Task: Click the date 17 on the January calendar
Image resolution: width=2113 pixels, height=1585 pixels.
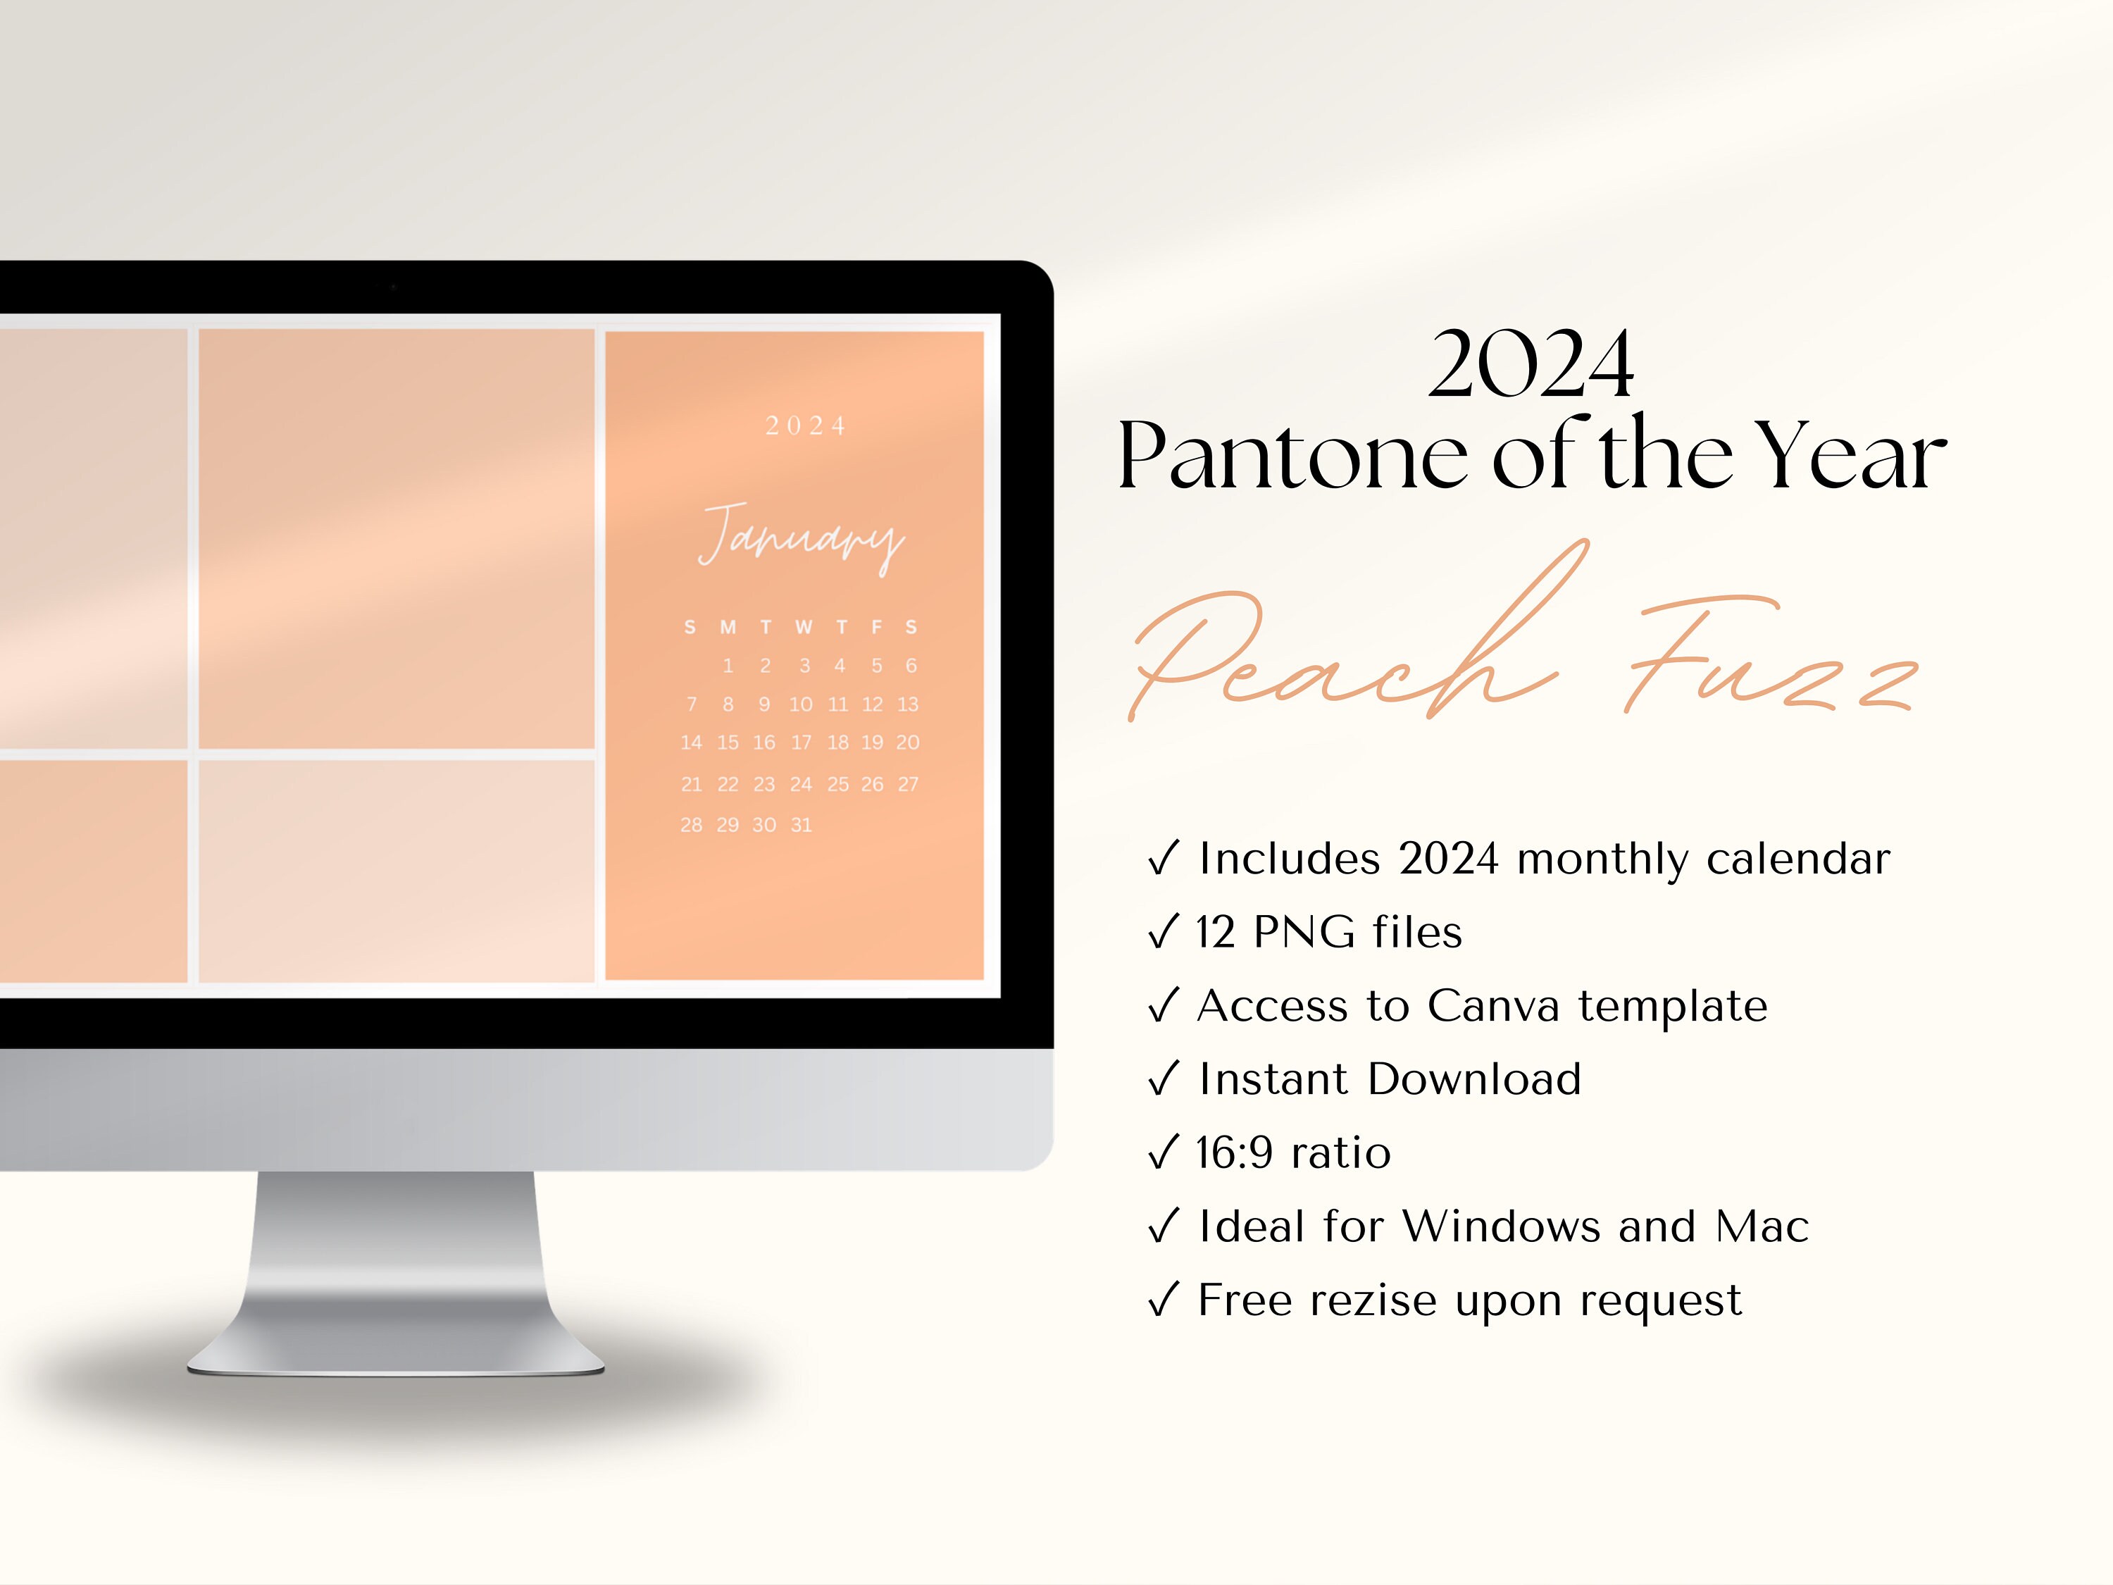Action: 802,742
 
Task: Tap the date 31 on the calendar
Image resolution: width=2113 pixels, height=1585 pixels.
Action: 802,824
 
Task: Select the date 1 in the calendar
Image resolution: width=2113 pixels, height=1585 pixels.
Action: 728,666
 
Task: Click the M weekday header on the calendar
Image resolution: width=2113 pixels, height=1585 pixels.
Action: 728,627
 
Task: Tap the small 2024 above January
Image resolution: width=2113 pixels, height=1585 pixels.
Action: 805,426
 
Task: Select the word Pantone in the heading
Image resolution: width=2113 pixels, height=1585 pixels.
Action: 1292,456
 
